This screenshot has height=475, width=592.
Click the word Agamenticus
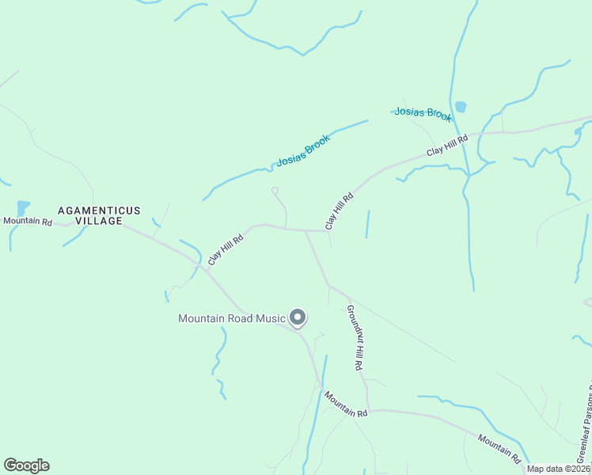tap(99, 211)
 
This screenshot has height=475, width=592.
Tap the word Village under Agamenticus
tap(99, 222)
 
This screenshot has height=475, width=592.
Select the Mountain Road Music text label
tap(231, 319)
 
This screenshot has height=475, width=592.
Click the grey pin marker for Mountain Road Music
tap(298, 317)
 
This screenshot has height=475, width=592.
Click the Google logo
tap(26, 465)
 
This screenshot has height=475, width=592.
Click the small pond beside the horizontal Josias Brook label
tap(461, 106)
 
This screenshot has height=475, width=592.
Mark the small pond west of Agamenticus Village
tap(22, 207)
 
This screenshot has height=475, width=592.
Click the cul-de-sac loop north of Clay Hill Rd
tap(275, 190)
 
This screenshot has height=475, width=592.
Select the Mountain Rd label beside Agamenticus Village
tap(27, 222)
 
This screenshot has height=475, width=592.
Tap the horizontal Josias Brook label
tap(423, 113)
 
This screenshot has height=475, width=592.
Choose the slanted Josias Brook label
tap(302, 150)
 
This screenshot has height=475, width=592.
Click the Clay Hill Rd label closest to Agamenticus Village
tap(225, 249)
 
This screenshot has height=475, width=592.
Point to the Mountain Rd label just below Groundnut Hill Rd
tap(346, 403)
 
